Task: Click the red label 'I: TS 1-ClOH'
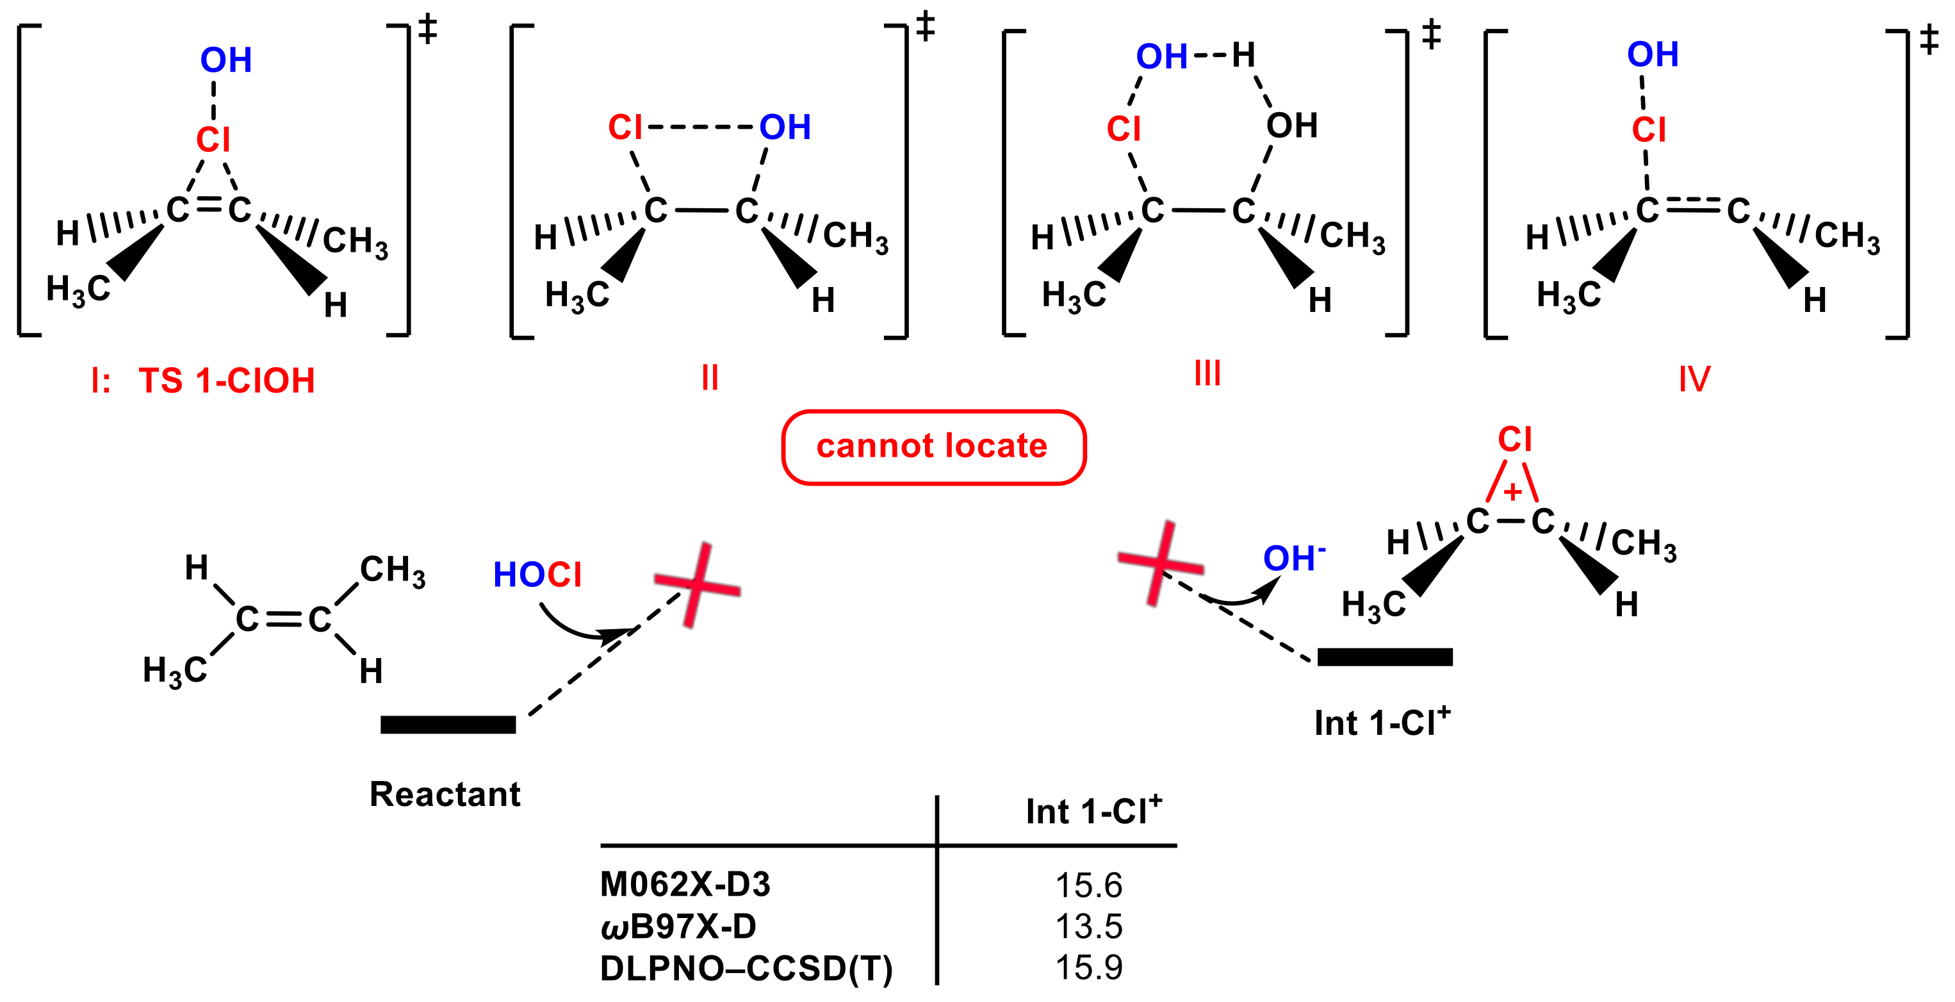[202, 381]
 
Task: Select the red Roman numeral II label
[710, 377]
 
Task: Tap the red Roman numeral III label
[1207, 373]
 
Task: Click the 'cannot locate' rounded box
[933, 447]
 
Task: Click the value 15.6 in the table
[1088, 885]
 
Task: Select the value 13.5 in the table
[1088, 926]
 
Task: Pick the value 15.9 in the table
[1088, 967]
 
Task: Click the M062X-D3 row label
[685, 884]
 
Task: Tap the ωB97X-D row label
[678, 926]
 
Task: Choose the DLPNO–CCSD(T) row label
[746, 968]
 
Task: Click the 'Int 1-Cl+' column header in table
[1093, 810]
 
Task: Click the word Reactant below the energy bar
[445, 794]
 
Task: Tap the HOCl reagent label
[537, 575]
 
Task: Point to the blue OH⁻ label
[1293, 558]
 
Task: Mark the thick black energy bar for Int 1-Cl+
[1384, 657]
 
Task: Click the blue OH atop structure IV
[1652, 54]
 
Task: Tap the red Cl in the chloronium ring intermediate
[1514, 439]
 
